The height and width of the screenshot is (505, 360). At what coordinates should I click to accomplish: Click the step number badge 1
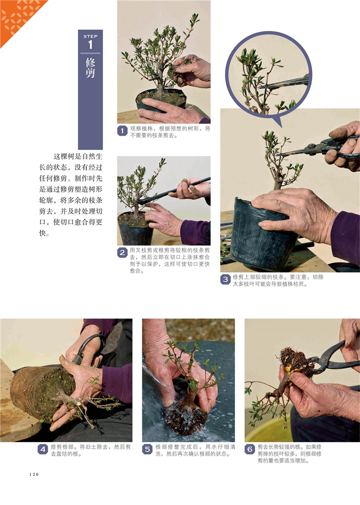click(x=122, y=131)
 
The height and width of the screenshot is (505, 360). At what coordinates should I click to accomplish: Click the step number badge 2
click(x=122, y=253)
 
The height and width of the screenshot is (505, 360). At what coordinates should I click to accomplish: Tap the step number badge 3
click(x=225, y=279)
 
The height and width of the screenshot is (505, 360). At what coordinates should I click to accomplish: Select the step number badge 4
click(x=43, y=449)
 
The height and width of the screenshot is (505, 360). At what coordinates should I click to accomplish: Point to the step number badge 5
click(x=147, y=449)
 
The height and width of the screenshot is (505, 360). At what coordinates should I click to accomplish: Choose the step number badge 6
click(x=250, y=449)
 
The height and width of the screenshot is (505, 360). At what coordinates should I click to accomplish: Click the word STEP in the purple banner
click(x=90, y=36)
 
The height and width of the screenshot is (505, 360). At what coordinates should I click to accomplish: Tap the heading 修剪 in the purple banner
click(x=90, y=67)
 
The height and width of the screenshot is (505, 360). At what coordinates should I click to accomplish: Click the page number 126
click(x=34, y=474)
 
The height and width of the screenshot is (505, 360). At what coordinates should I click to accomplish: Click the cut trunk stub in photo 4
click(x=78, y=401)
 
